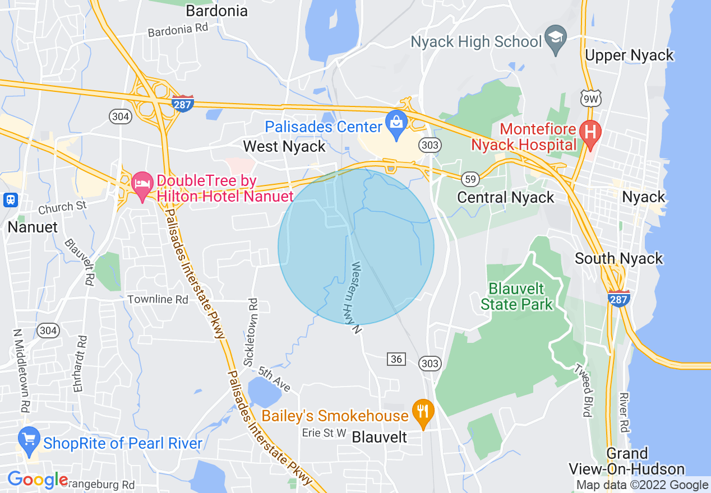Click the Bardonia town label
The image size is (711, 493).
click(216, 11)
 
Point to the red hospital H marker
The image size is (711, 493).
click(590, 133)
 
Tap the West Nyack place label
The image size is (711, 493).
click(284, 147)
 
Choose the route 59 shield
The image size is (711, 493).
click(470, 179)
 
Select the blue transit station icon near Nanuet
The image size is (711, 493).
click(10, 199)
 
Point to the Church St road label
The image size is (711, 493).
click(63, 207)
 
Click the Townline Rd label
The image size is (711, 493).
click(158, 299)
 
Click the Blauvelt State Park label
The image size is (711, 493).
click(516, 296)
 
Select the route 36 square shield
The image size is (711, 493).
click(396, 359)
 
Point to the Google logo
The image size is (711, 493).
click(38, 480)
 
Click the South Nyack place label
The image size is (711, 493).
click(618, 258)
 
